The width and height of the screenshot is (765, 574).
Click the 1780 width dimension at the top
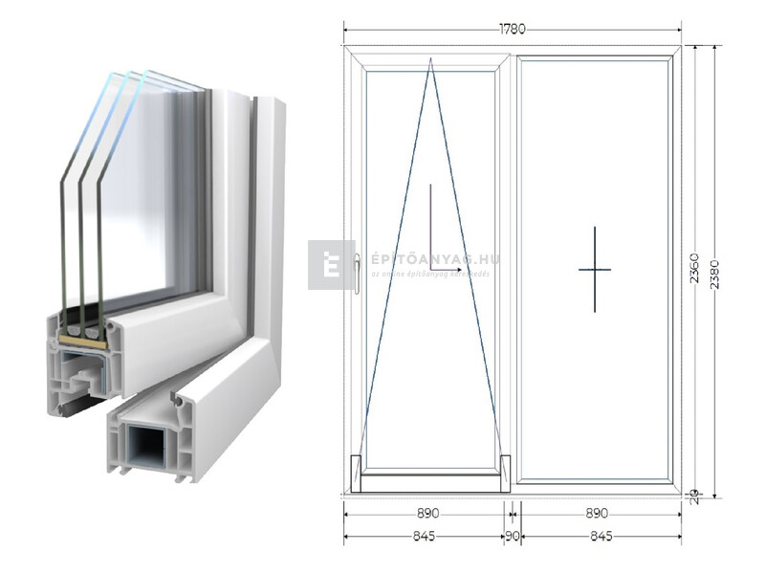click(512, 29)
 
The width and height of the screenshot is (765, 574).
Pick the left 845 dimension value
click(424, 537)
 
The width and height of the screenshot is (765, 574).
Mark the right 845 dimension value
click(601, 537)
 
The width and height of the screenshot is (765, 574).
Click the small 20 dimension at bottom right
click(695, 495)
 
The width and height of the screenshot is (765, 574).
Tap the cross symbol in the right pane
click(594, 270)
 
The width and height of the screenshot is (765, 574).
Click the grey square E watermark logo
click(331, 265)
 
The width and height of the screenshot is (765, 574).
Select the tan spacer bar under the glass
click(82, 341)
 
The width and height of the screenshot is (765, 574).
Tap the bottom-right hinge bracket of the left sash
click(505, 474)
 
